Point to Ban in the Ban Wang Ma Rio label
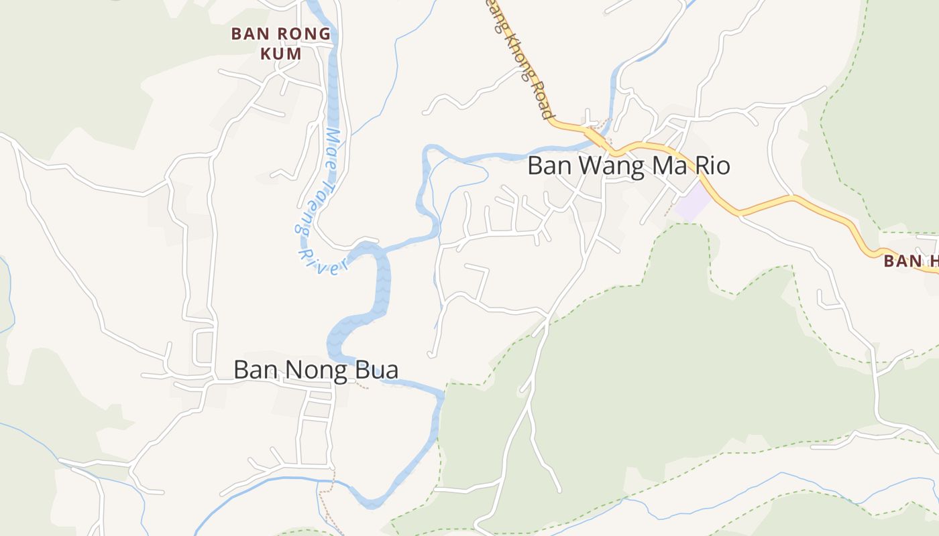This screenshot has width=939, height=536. [544, 165]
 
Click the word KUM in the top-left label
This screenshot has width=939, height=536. [280, 54]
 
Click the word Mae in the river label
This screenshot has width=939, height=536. [334, 145]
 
